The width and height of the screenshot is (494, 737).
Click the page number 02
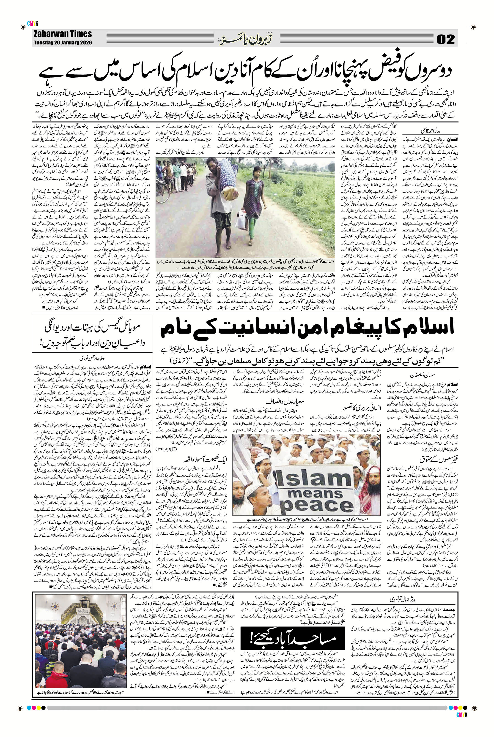coord(446,40)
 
